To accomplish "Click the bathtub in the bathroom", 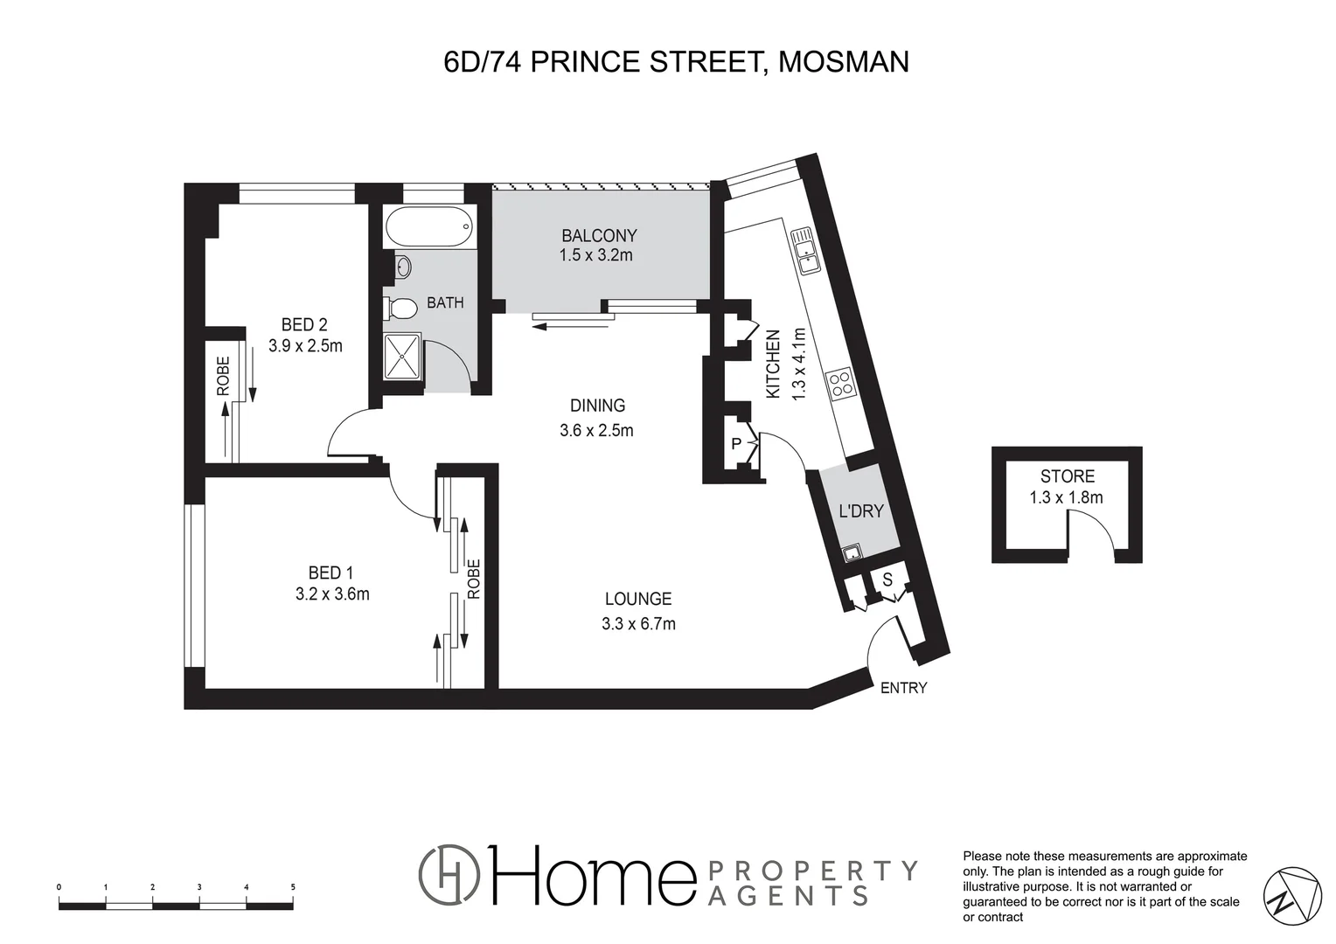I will click(429, 228).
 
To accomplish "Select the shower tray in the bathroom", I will click(403, 357).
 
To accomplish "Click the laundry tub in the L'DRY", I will click(851, 552).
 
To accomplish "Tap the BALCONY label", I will click(599, 235).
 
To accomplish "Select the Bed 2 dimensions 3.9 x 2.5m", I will click(305, 345).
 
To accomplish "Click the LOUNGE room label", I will click(638, 599).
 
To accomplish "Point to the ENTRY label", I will click(903, 688).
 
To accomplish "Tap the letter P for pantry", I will click(736, 444).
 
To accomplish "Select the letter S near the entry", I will click(887, 580).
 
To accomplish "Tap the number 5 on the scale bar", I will click(293, 886).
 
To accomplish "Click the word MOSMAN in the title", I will click(843, 62).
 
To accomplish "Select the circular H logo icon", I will click(449, 876).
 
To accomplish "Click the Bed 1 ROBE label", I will click(474, 579).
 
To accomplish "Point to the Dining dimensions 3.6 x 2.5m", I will click(596, 430).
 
